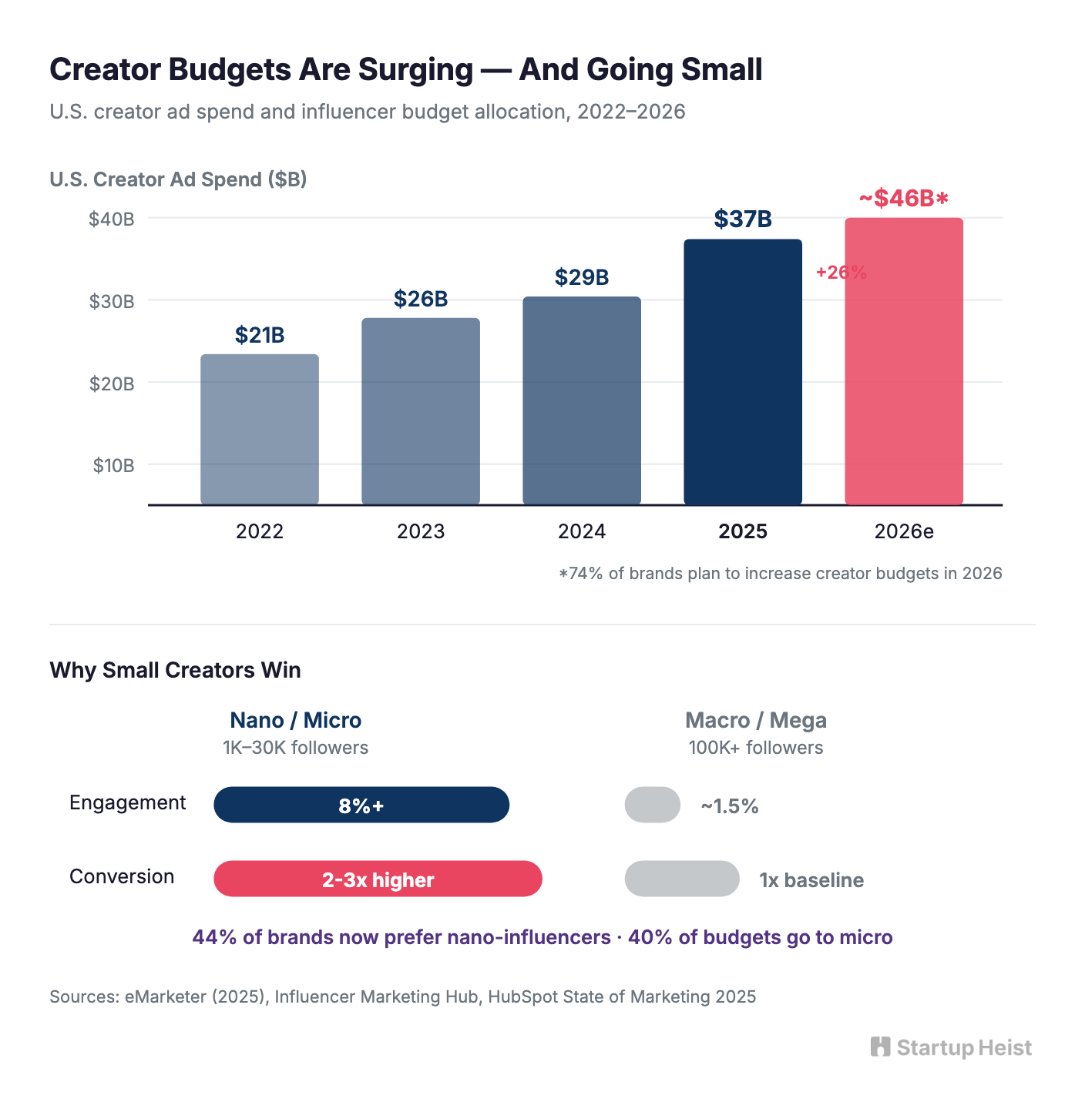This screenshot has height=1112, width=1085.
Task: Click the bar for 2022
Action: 260,429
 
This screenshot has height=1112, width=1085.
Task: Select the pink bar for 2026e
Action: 904,362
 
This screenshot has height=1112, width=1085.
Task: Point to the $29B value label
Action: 582,277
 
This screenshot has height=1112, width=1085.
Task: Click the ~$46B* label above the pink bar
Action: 904,199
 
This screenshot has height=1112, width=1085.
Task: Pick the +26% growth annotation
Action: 841,273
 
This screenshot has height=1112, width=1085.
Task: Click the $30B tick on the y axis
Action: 112,301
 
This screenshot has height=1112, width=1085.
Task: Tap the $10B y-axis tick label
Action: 113,465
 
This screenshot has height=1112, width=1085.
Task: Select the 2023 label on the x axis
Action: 421,531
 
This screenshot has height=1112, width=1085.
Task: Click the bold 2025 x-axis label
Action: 743,531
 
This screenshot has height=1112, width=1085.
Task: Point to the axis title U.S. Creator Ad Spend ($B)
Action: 178,179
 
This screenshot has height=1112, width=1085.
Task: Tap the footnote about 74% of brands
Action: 780,574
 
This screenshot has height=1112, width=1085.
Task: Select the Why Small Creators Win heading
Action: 175,670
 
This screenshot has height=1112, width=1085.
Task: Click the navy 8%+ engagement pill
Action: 361,806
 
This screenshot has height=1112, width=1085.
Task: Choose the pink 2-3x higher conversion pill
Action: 378,879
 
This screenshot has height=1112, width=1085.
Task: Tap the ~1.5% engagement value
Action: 729,806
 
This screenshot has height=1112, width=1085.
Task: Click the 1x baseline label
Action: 811,880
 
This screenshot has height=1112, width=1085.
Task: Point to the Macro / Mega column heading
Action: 755,720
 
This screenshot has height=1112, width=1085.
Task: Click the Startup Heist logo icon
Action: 880,1047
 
